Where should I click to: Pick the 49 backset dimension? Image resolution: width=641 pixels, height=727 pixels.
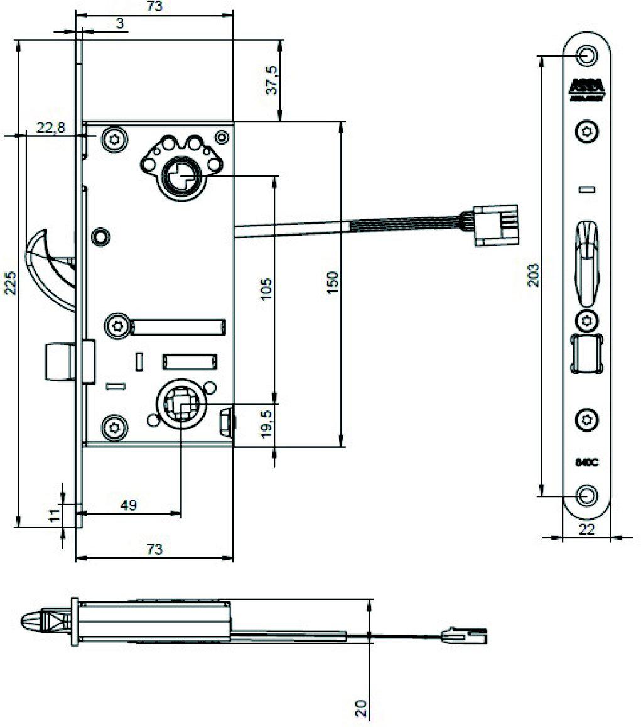point(128,505)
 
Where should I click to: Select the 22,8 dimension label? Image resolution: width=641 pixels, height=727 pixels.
point(50,128)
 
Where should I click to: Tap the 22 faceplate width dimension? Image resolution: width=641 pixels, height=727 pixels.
point(586,530)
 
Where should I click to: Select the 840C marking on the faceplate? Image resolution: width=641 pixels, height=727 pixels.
point(586,462)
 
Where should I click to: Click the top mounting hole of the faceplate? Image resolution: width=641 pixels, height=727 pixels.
point(587,55)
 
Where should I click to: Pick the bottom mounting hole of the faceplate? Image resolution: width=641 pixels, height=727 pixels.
point(587,495)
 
